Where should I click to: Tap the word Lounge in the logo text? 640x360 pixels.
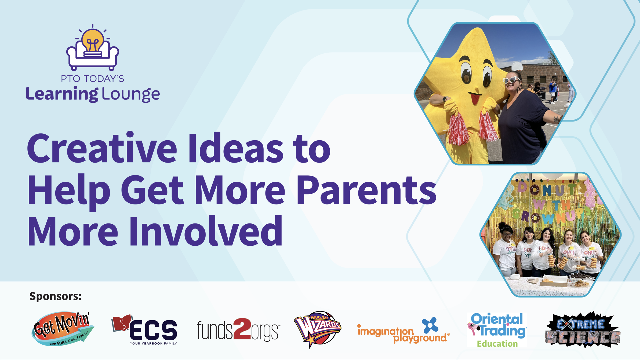131,94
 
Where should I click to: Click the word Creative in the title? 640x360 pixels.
102,148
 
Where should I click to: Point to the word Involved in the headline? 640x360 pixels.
206,231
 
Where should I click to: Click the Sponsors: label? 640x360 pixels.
55,296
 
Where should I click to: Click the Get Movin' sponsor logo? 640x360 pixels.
63,329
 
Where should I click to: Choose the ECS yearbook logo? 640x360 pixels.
144,330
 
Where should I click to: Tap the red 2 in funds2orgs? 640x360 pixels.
242,329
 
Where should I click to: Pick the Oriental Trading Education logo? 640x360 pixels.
497,330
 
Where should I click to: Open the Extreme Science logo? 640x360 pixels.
583,330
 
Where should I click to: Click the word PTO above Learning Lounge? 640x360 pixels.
70,79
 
